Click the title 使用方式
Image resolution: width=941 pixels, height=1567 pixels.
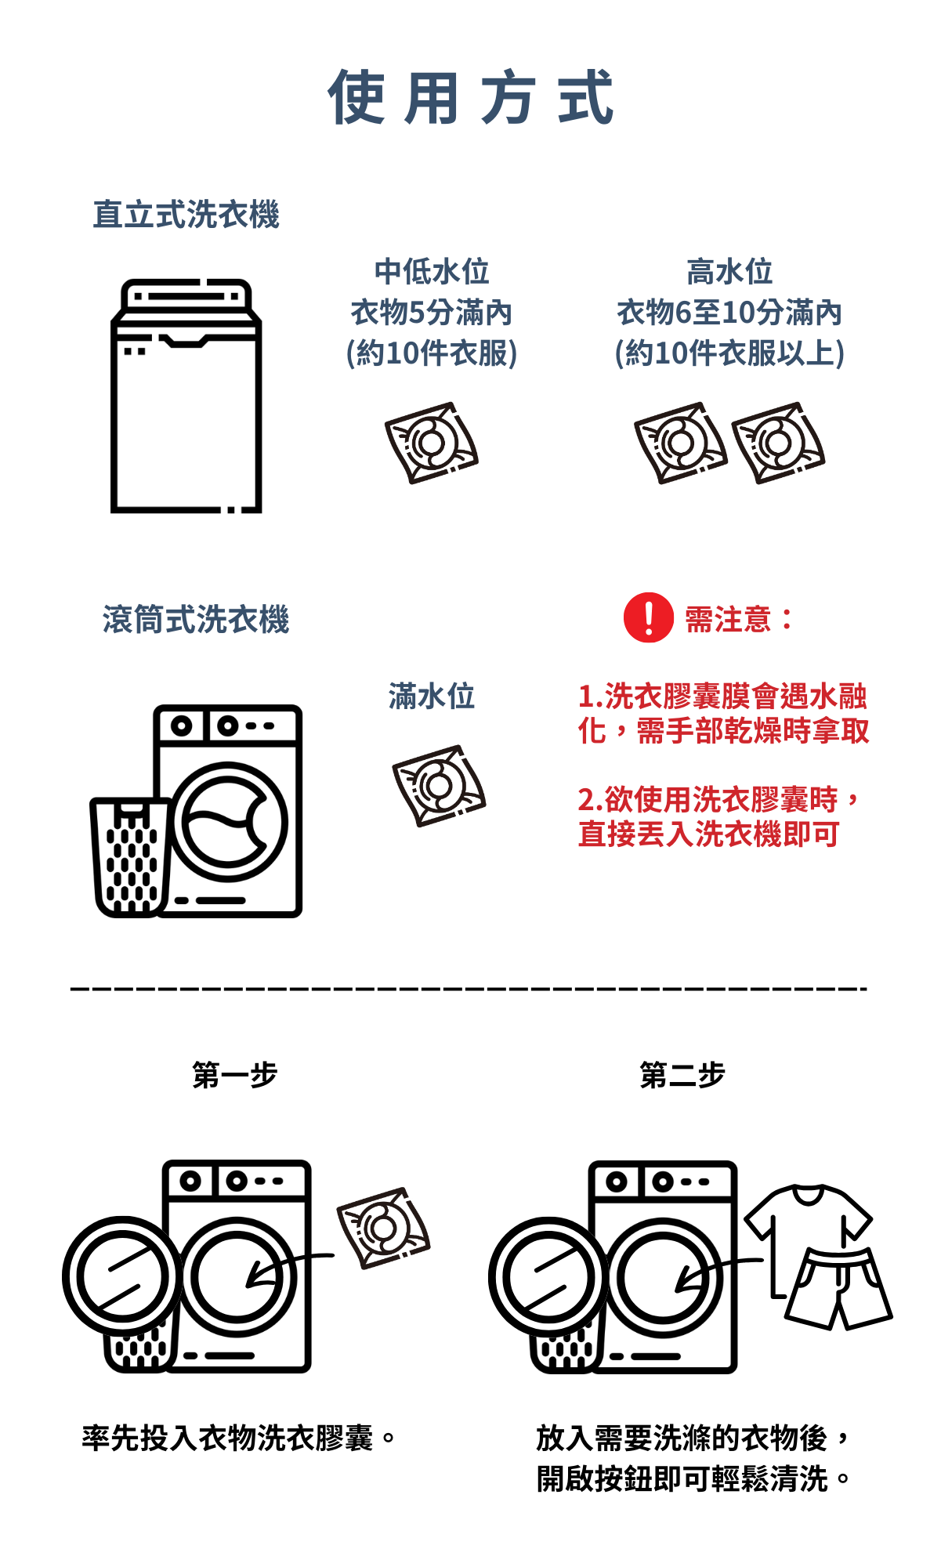coord(470,96)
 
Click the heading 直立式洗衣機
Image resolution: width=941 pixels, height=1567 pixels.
coord(186,215)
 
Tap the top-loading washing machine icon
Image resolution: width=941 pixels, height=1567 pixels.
coord(186,396)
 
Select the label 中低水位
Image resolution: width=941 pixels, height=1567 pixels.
coord(432,272)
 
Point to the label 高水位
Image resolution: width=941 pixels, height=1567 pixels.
coord(729,272)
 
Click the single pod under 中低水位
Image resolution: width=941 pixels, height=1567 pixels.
coord(431,443)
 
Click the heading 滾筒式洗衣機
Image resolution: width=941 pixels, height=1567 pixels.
coord(196,619)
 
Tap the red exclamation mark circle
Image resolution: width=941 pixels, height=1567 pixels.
coord(648,617)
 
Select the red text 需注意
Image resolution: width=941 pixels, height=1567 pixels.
coord(729,620)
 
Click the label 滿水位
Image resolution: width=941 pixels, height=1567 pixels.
coord(432,696)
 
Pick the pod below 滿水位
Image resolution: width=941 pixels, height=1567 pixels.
coord(439,785)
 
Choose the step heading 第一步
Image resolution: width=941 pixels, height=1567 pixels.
coord(235,1075)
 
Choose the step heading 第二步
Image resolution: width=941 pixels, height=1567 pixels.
coord(682,1075)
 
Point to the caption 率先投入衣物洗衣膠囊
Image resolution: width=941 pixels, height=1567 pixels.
coord(227,1438)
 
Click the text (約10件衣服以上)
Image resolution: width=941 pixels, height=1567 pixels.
coord(729,353)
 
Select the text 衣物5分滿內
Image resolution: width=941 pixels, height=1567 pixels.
coord(432,313)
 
